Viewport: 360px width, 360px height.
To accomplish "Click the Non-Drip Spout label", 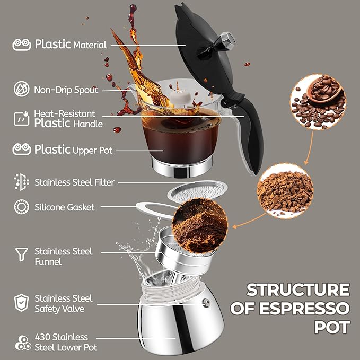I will [66, 90].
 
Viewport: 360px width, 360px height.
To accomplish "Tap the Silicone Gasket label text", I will [64, 207].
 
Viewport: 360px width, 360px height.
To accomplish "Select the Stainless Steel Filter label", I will [74, 182].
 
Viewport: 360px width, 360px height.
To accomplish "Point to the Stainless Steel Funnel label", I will [63, 256].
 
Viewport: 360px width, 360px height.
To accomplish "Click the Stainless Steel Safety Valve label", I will [63, 303].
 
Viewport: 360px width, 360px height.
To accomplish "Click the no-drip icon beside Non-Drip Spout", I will [21, 90].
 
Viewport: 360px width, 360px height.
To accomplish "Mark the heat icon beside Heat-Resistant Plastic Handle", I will [21, 118].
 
